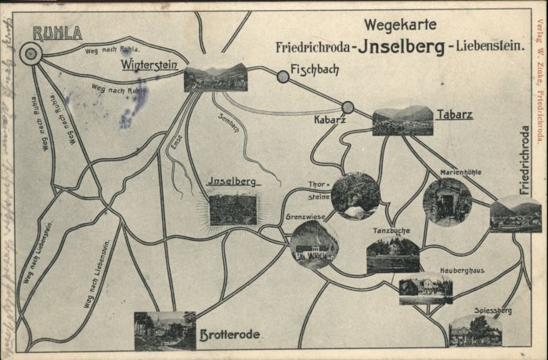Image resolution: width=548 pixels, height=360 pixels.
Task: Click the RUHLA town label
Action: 57,33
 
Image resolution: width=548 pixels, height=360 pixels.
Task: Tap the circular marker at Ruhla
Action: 31,53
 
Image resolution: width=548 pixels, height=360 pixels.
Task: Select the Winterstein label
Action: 150,66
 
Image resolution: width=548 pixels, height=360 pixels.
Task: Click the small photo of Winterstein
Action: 215,77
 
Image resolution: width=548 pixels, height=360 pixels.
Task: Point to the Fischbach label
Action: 315,70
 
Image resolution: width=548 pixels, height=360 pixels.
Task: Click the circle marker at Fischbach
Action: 283,77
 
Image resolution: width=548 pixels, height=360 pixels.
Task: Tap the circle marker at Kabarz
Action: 348,107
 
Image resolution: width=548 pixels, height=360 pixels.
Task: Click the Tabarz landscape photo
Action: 402,121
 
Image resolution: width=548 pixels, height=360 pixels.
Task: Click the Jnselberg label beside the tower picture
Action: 232,182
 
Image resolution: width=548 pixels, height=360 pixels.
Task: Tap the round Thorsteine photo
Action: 355,196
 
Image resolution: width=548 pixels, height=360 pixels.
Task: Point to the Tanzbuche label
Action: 391,231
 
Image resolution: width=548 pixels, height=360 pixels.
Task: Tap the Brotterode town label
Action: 229,335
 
